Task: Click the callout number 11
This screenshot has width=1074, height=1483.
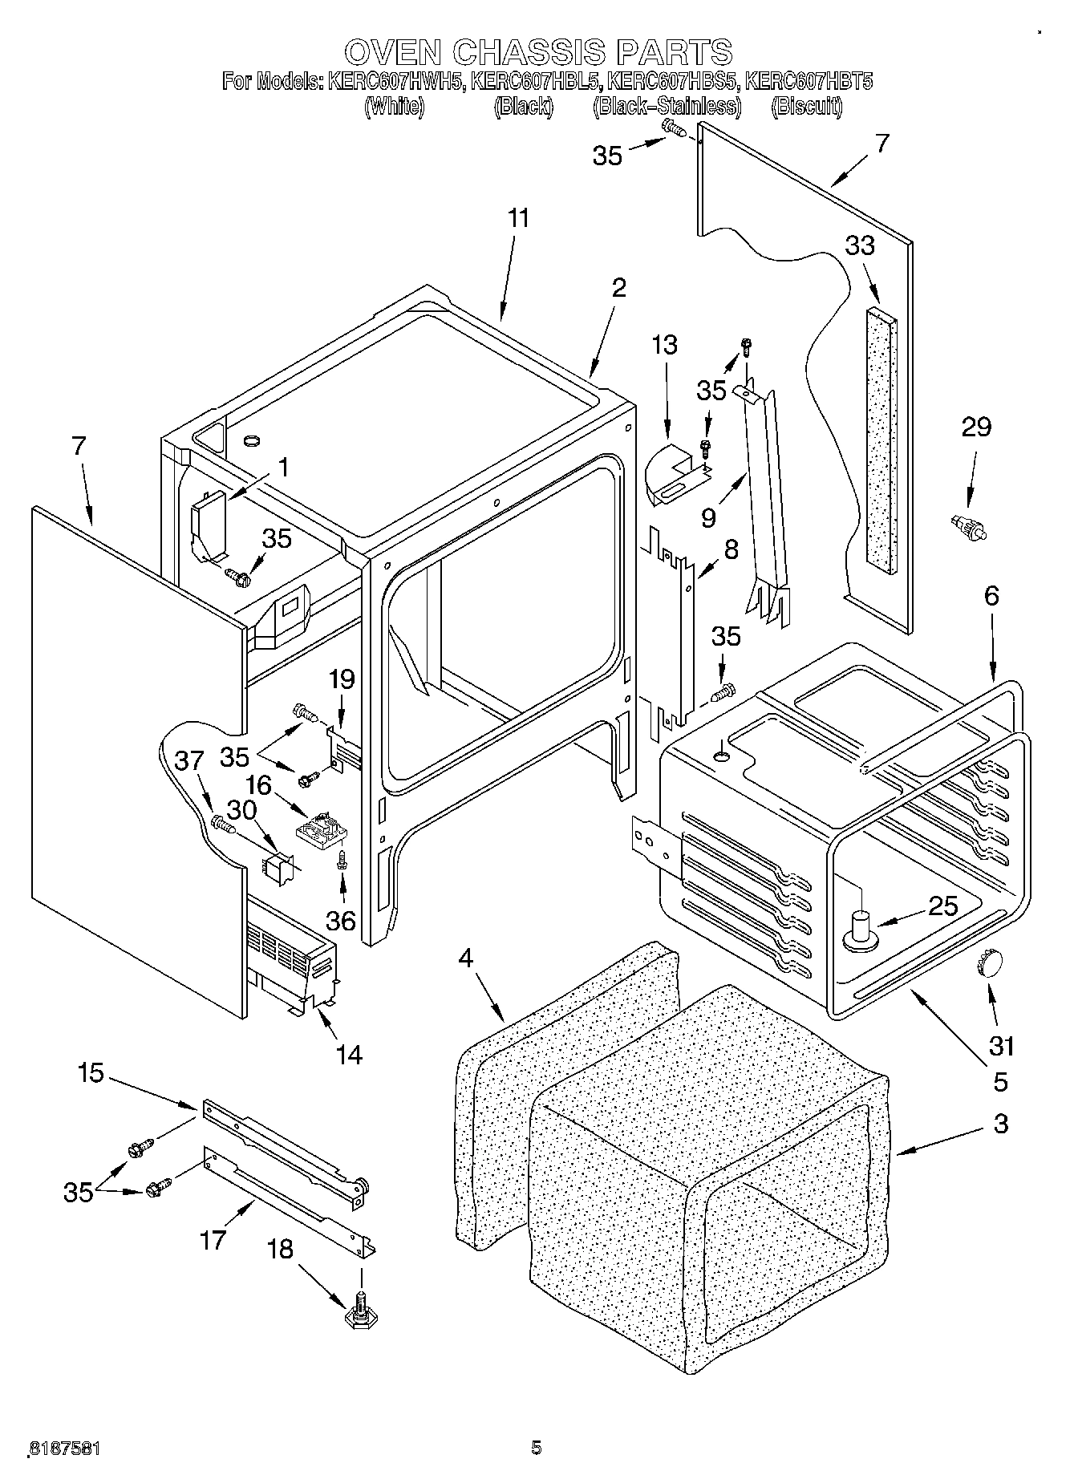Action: (x=519, y=218)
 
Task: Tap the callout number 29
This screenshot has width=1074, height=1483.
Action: (x=976, y=427)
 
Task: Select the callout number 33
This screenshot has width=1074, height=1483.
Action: (x=860, y=245)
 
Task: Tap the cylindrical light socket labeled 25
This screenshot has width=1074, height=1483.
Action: (x=861, y=927)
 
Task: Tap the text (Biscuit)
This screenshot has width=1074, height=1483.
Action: (x=806, y=107)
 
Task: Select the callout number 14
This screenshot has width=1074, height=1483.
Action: (x=349, y=1055)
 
